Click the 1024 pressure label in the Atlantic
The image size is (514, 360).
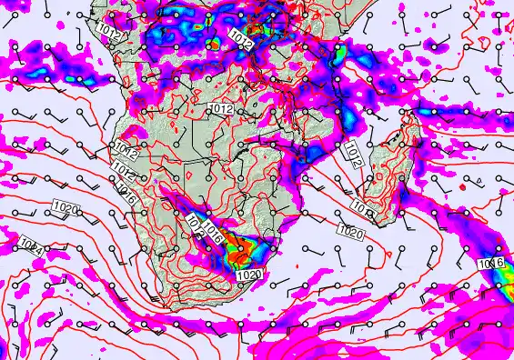[x=28, y=244]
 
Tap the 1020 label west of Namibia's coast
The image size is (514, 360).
[x=65, y=210]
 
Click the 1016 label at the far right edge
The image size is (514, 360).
[x=491, y=264]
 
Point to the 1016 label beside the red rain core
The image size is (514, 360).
[x=216, y=230]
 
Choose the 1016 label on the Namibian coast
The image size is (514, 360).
[x=127, y=195]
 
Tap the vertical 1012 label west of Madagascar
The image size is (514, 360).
[x=353, y=156]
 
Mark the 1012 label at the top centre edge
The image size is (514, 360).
[x=242, y=38]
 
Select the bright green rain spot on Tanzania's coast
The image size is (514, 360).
[x=338, y=55]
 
